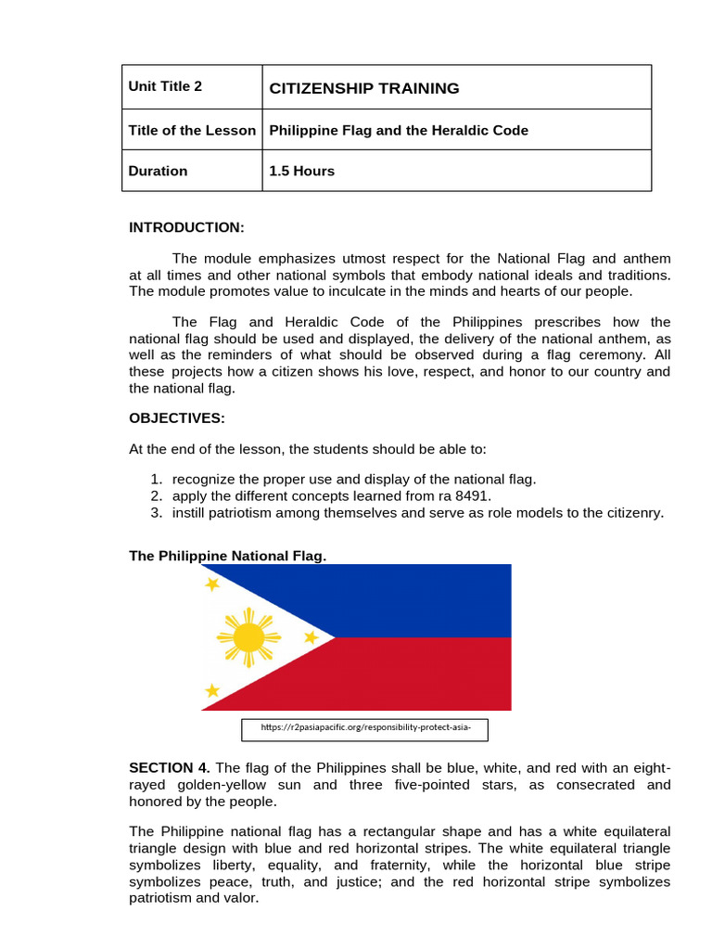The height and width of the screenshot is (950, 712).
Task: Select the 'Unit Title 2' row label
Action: pos(165,86)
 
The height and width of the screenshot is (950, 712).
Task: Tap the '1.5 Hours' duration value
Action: pos(301,171)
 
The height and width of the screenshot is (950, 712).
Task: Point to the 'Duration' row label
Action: pos(158,171)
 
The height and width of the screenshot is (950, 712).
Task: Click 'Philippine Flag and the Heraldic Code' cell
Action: pos(399,130)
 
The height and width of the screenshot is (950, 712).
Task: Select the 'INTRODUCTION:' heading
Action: pos(186,227)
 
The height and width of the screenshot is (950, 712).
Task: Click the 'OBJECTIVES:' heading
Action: pos(177,417)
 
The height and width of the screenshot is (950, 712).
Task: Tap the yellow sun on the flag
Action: pos(248,636)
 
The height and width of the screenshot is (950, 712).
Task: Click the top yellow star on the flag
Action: pos(212,584)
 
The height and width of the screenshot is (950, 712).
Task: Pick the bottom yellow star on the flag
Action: pos(212,690)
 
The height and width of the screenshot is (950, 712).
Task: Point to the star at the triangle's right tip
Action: pos(311,637)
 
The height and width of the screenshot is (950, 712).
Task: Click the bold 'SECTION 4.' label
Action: pos(170,767)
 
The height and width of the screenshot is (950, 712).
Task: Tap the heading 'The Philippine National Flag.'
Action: pos(227,555)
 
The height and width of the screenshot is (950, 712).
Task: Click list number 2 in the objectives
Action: pos(157,495)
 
